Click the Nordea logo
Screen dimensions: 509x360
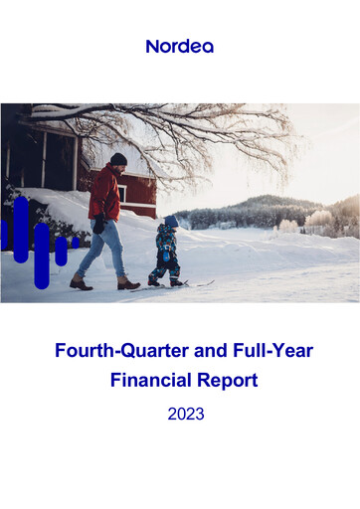point(179,46)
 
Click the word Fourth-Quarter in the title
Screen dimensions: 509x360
point(106,352)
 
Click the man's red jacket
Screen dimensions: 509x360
point(103,194)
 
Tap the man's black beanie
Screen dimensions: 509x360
point(118,159)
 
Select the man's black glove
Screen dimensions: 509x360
point(99,226)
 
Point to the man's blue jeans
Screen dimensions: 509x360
point(102,249)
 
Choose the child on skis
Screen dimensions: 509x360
point(166,252)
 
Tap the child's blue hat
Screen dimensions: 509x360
point(171,222)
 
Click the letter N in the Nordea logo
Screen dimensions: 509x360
point(152,46)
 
